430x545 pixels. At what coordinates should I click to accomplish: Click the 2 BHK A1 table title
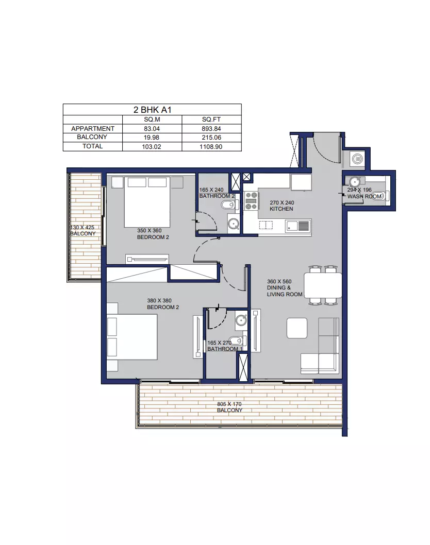coord(152,110)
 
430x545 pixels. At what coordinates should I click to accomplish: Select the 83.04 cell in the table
coord(152,129)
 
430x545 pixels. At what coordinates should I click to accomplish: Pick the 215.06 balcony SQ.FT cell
coord(211,138)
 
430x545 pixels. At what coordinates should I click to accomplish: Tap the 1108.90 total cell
coord(211,147)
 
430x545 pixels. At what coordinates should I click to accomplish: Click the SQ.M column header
coord(152,120)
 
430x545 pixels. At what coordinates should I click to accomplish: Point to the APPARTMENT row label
coord(92,129)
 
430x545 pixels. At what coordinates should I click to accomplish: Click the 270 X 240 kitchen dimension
coord(282,202)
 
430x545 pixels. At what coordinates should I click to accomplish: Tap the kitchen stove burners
coord(251,201)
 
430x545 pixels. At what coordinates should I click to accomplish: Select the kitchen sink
coord(298,227)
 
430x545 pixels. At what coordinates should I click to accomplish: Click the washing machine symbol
coord(357,159)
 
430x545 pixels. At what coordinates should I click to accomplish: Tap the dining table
coord(323,285)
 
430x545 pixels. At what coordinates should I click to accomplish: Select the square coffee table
coord(297,328)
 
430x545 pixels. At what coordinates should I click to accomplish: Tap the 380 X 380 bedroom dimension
coord(159,301)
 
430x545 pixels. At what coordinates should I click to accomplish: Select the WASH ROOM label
coord(364,196)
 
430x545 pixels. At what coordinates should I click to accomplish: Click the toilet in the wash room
coord(378,196)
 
